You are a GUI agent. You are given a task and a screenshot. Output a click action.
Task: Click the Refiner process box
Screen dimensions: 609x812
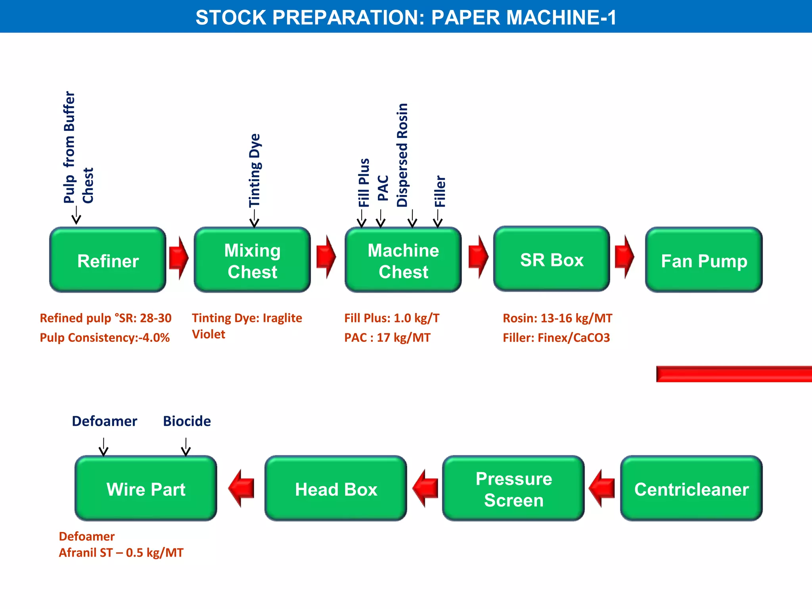(x=107, y=260)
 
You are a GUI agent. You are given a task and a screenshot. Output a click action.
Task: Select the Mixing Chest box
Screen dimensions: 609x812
(x=252, y=260)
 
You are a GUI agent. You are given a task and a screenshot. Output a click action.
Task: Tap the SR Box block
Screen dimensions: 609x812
(x=552, y=259)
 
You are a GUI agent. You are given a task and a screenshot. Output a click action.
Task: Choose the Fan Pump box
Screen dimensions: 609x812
(x=704, y=260)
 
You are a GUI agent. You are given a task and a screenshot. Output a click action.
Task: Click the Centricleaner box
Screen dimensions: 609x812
(x=691, y=488)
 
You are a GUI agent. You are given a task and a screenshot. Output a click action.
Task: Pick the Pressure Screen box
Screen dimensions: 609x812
(x=513, y=488)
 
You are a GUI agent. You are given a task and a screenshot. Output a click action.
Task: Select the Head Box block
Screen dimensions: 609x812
(x=336, y=488)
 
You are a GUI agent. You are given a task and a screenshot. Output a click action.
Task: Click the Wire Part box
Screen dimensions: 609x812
(x=146, y=488)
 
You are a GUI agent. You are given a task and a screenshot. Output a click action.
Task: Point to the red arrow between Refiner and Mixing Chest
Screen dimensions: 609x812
(x=178, y=258)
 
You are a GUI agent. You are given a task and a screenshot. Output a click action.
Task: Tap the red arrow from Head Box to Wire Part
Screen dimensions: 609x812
(x=241, y=488)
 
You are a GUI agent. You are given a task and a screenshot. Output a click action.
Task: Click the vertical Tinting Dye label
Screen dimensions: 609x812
(x=255, y=170)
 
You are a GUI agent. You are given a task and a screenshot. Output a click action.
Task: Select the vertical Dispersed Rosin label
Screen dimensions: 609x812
(x=402, y=155)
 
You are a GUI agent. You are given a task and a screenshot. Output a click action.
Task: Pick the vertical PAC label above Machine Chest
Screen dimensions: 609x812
(x=383, y=188)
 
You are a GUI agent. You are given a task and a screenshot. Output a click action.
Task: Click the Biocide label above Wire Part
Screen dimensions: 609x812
(x=187, y=421)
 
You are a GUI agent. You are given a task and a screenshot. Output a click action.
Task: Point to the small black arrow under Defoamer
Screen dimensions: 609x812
(x=103, y=447)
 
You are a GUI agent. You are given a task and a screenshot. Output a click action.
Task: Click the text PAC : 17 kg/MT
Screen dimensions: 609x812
(x=387, y=337)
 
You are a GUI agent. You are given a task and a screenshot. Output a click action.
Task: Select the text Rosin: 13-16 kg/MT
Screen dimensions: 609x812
(x=557, y=318)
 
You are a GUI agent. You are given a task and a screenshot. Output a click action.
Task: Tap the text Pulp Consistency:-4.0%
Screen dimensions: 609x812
(x=105, y=337)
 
